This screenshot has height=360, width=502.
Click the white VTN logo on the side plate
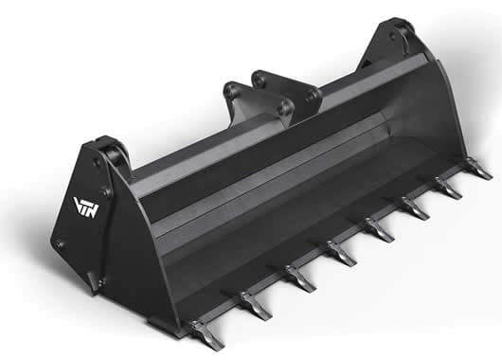tap(86, 207)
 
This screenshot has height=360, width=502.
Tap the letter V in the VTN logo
tap(78, 203)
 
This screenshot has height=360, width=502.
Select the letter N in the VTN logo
tap(93, 211)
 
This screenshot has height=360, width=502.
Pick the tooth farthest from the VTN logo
tap(478, 168)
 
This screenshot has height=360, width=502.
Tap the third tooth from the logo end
tap(301, 278)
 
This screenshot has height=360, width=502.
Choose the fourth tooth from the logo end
tap(342, 253)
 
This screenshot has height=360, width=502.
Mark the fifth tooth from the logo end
tap(380, 230)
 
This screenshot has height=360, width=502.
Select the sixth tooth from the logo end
tap(416, 208)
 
